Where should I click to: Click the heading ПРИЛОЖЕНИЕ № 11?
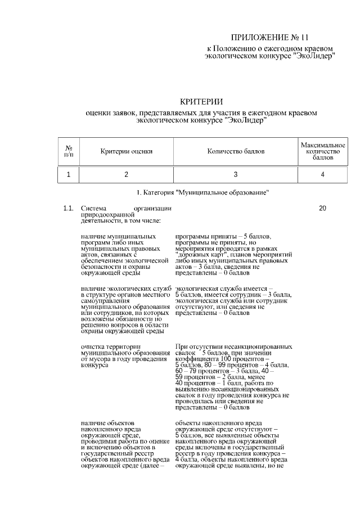270,38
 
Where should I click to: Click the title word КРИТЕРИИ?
201,102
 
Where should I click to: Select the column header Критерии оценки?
127,151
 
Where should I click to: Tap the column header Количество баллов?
236,151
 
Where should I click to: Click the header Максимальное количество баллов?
322,151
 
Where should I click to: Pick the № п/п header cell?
69,151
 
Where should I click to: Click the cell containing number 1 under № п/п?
69,175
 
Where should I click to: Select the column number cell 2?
127,175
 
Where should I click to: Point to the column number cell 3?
236,175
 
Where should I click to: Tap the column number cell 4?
322,175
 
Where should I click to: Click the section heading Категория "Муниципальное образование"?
202,192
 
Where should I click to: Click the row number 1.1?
69,209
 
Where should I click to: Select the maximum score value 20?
322,209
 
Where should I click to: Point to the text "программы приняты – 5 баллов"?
215,237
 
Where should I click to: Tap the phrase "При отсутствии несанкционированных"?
233,346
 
